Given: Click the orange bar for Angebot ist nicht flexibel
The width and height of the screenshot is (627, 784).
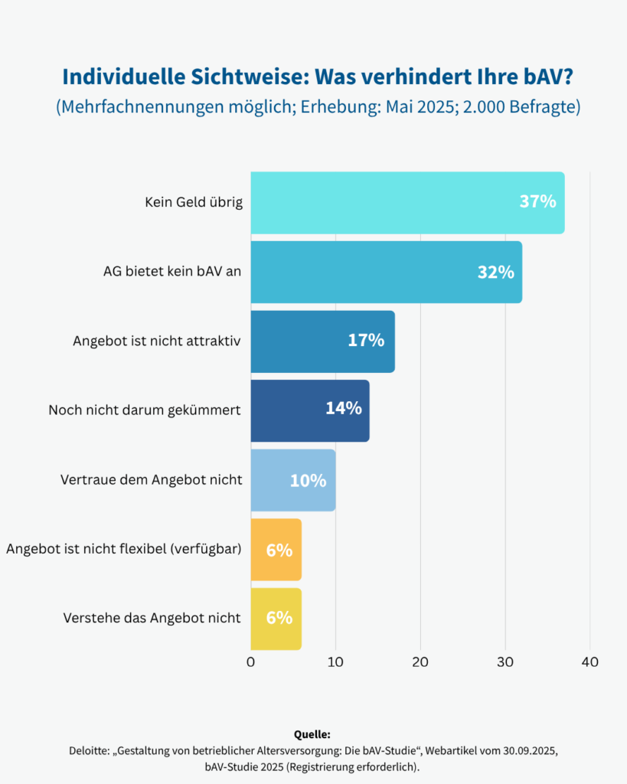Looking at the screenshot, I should (x=276, y=550).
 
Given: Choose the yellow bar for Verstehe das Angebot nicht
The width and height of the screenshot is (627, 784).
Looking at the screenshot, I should (x=276, y=619).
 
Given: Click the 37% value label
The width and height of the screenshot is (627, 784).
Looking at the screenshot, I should (x=537, y=203).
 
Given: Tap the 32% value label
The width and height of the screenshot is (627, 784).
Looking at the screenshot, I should (x=495, y=272).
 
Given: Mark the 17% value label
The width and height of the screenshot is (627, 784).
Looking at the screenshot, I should (x=366, y=341).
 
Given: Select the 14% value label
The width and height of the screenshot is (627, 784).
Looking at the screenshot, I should (x=343, y=409).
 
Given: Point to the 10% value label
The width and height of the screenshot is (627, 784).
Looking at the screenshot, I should (x=308, y=481).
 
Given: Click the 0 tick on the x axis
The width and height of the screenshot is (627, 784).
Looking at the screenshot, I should (x=251, y=662).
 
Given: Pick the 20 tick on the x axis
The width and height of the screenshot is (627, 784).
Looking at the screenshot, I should (x=420, y=662).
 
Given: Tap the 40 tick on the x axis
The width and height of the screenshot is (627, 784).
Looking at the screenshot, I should (x=589, y=662).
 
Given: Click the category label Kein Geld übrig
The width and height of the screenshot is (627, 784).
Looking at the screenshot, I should (x=194, y=203).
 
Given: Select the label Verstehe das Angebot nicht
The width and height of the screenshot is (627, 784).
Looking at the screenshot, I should (x=152, y=619).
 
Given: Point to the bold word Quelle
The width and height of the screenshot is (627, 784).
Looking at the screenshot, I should (x=312, y=733).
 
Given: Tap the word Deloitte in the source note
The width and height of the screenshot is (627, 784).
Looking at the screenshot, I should (x=90, y=750).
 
